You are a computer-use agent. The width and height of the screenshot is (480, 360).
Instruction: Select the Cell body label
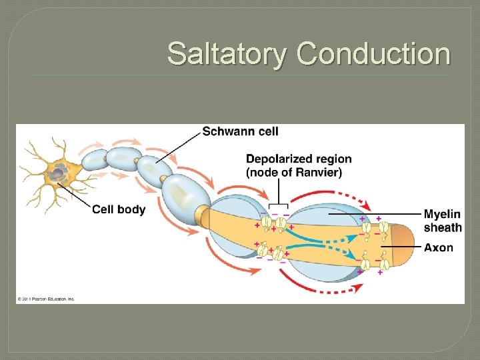(x=118, y=209)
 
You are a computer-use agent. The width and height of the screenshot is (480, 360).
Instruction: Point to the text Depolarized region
(x=299, y=159)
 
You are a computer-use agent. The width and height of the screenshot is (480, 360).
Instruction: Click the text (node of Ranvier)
(x=294, y=173)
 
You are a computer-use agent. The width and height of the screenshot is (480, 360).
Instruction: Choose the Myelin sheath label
(x=442, y=221)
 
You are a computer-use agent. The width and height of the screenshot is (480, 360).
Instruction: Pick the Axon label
(x=438, y=247)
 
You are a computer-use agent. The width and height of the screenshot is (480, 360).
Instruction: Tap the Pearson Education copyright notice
(x=46, y=298)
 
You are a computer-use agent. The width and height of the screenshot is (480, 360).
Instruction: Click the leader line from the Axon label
(x=401, y=247)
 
